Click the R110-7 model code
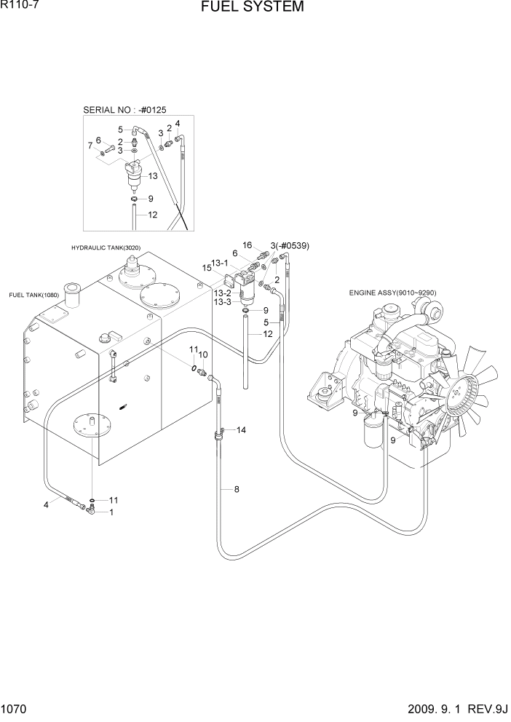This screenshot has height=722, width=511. [20, 7]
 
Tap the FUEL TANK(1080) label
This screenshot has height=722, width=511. [33, 295]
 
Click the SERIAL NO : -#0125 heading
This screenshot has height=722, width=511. [125, 110]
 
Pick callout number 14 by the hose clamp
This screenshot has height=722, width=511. [241, 430]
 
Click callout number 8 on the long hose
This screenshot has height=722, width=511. [236, 489]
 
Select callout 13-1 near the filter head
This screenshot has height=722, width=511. [220, 263]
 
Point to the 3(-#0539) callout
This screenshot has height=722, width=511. [290, 245]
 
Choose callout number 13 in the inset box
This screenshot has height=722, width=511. [153, 176]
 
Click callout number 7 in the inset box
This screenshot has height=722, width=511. [91, 146]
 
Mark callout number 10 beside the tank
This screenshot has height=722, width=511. [203, 354]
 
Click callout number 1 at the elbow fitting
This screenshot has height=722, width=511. [111, 512]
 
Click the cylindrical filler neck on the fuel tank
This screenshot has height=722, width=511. [74, 296]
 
